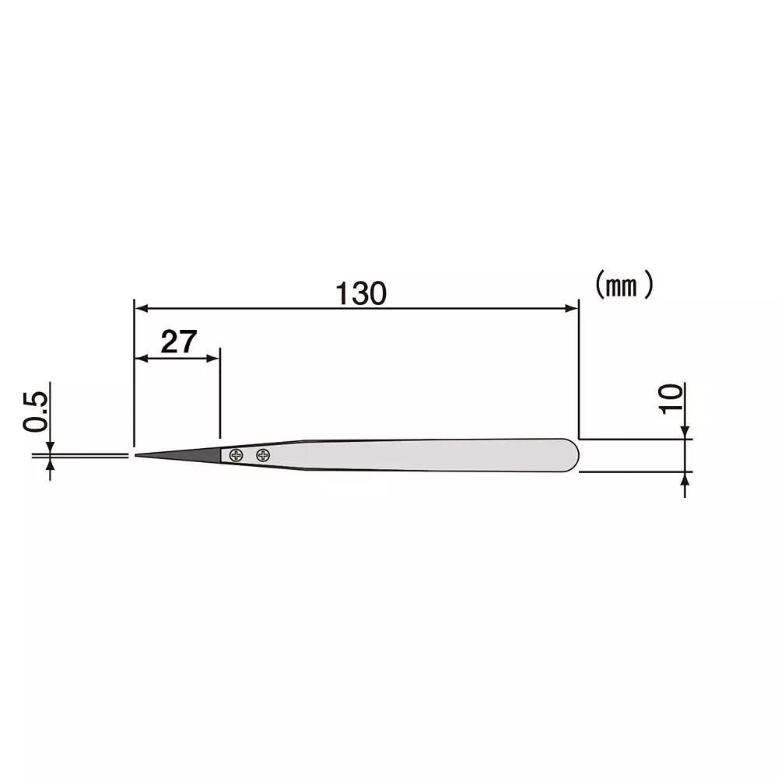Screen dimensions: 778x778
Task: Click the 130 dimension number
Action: [360, 293]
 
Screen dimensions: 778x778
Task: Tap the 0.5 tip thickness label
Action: [36, 412]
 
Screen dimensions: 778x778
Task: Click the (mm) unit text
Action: [623, 286]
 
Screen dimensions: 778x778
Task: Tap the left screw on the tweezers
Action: [237, 455]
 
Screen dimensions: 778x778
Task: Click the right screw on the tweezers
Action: [263, 455]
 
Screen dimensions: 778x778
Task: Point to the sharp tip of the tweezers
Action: [137, 455]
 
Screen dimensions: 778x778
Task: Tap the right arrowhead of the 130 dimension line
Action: [572, 308]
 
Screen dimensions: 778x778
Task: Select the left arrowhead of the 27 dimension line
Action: [142, 358]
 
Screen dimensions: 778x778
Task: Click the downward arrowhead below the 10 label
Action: [684, 432]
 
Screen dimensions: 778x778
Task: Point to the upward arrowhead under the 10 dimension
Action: [684, 479]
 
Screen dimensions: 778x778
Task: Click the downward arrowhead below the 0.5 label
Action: [50, 447]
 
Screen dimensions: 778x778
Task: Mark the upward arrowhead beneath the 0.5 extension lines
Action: [50, 464]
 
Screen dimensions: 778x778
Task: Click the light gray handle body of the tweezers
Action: [428, 455]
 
